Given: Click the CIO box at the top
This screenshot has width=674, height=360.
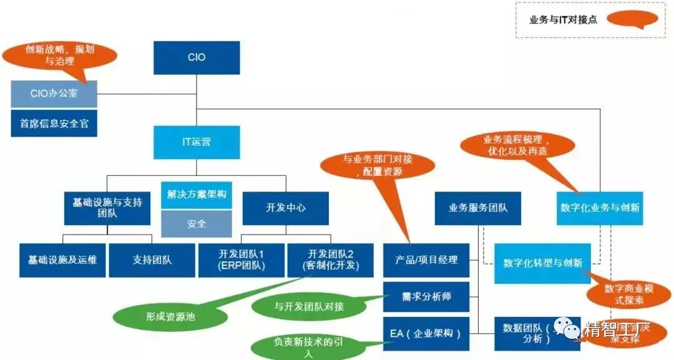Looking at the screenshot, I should (197, 57).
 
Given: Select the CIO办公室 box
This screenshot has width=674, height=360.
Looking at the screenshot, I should (54, 94).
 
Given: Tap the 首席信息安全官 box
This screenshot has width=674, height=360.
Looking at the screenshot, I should (54, 124).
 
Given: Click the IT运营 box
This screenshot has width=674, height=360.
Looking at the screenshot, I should (197, 142).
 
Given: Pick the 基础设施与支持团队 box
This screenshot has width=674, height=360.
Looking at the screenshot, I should (107, 208).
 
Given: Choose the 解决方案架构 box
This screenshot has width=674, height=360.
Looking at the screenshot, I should (197, 195).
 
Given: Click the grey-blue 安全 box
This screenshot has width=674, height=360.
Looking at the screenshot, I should (197, 223).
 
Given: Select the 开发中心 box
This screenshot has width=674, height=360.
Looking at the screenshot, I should (285, 208).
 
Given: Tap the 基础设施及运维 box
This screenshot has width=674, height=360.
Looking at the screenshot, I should (62, 260).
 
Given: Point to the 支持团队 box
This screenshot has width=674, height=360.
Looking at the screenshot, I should (152, 260).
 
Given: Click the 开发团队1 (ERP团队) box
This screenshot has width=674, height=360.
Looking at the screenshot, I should (241, 260).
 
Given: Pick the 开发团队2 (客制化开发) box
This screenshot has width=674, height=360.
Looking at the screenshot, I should (330, 260).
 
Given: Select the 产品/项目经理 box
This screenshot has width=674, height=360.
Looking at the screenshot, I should (426, 260).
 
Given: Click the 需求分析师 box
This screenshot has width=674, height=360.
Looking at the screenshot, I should (426, 296).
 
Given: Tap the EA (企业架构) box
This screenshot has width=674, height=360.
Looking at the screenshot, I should (426, 333).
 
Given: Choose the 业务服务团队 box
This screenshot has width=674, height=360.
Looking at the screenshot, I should (478, 208).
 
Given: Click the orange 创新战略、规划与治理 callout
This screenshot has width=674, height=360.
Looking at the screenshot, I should (60, 55).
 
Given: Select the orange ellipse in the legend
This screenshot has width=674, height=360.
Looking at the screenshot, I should (632, 19).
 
